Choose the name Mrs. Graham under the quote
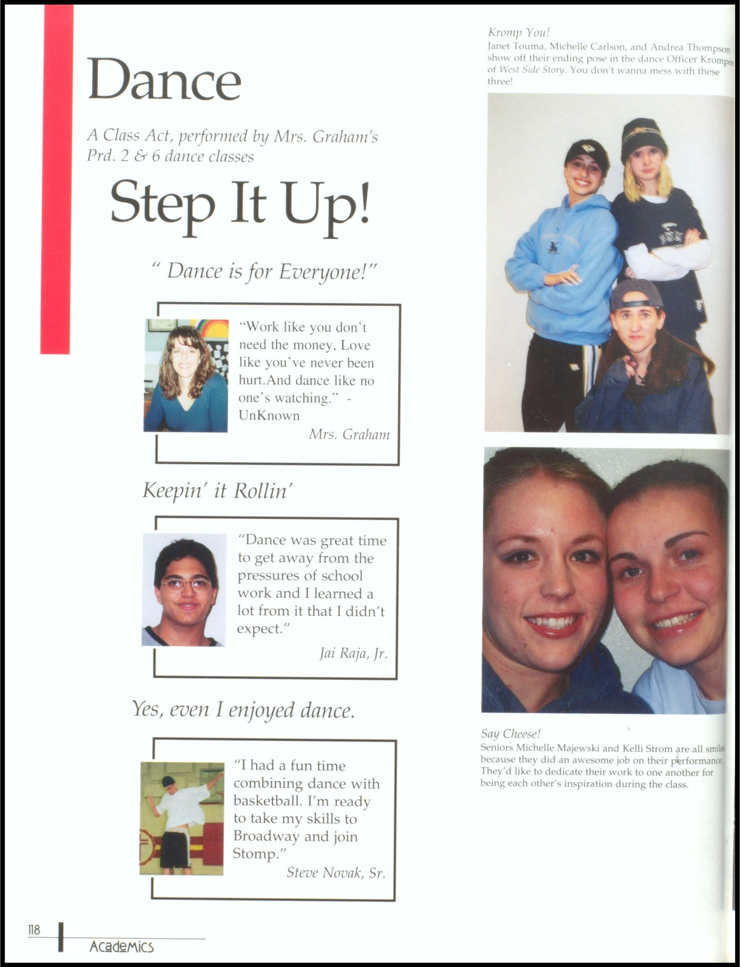(x=349, y=435)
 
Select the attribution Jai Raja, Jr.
(x=353, y=653)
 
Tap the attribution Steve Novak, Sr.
(x=336, y=872)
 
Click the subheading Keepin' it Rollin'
(x=217, y=490)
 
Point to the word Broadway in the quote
(x=267, y=836)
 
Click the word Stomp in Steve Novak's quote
(x=255, y=854)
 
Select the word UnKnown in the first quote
(x=269, y=415)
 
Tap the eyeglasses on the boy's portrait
(x=186, y=585)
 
